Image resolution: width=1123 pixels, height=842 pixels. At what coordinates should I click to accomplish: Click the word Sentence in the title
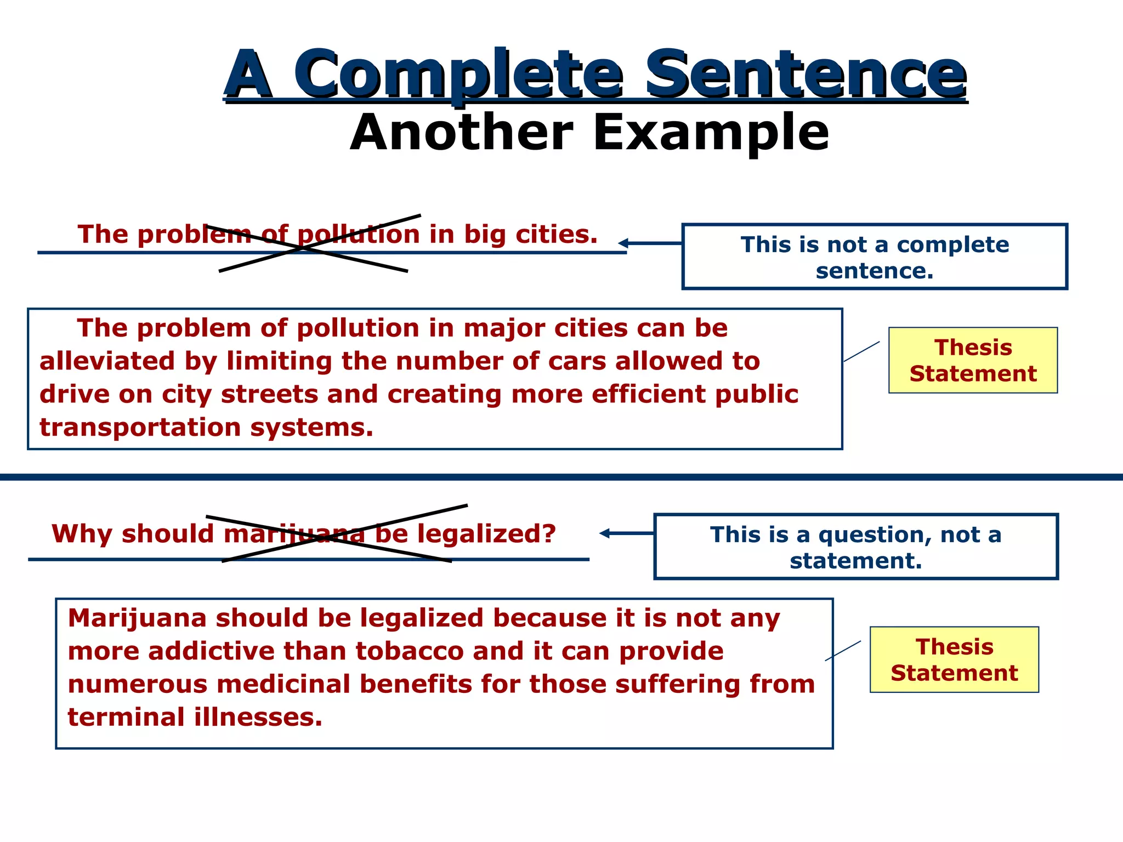tap(805, 74)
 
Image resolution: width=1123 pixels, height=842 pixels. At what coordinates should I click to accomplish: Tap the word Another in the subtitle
tap(462, 133)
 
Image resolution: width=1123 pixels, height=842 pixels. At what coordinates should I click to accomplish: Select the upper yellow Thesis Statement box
tap(973, 360)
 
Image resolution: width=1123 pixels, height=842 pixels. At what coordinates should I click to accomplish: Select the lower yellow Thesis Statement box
tap(954, 659)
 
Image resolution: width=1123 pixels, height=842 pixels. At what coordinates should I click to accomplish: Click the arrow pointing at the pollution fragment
tap(650, 243)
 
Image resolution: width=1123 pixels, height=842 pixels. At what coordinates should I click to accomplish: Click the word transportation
tap(140, 428)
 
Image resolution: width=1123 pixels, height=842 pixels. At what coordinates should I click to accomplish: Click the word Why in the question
tap(82, 534)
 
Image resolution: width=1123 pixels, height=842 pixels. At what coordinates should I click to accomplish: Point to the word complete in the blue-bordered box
tap(953, 245)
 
